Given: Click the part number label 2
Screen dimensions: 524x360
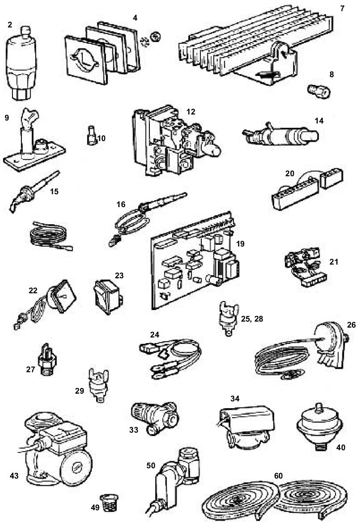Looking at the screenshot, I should click(10, 24).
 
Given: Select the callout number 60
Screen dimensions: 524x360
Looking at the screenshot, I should click(279, 476).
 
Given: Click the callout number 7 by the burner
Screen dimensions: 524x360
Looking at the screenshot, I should click(342, 9).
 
